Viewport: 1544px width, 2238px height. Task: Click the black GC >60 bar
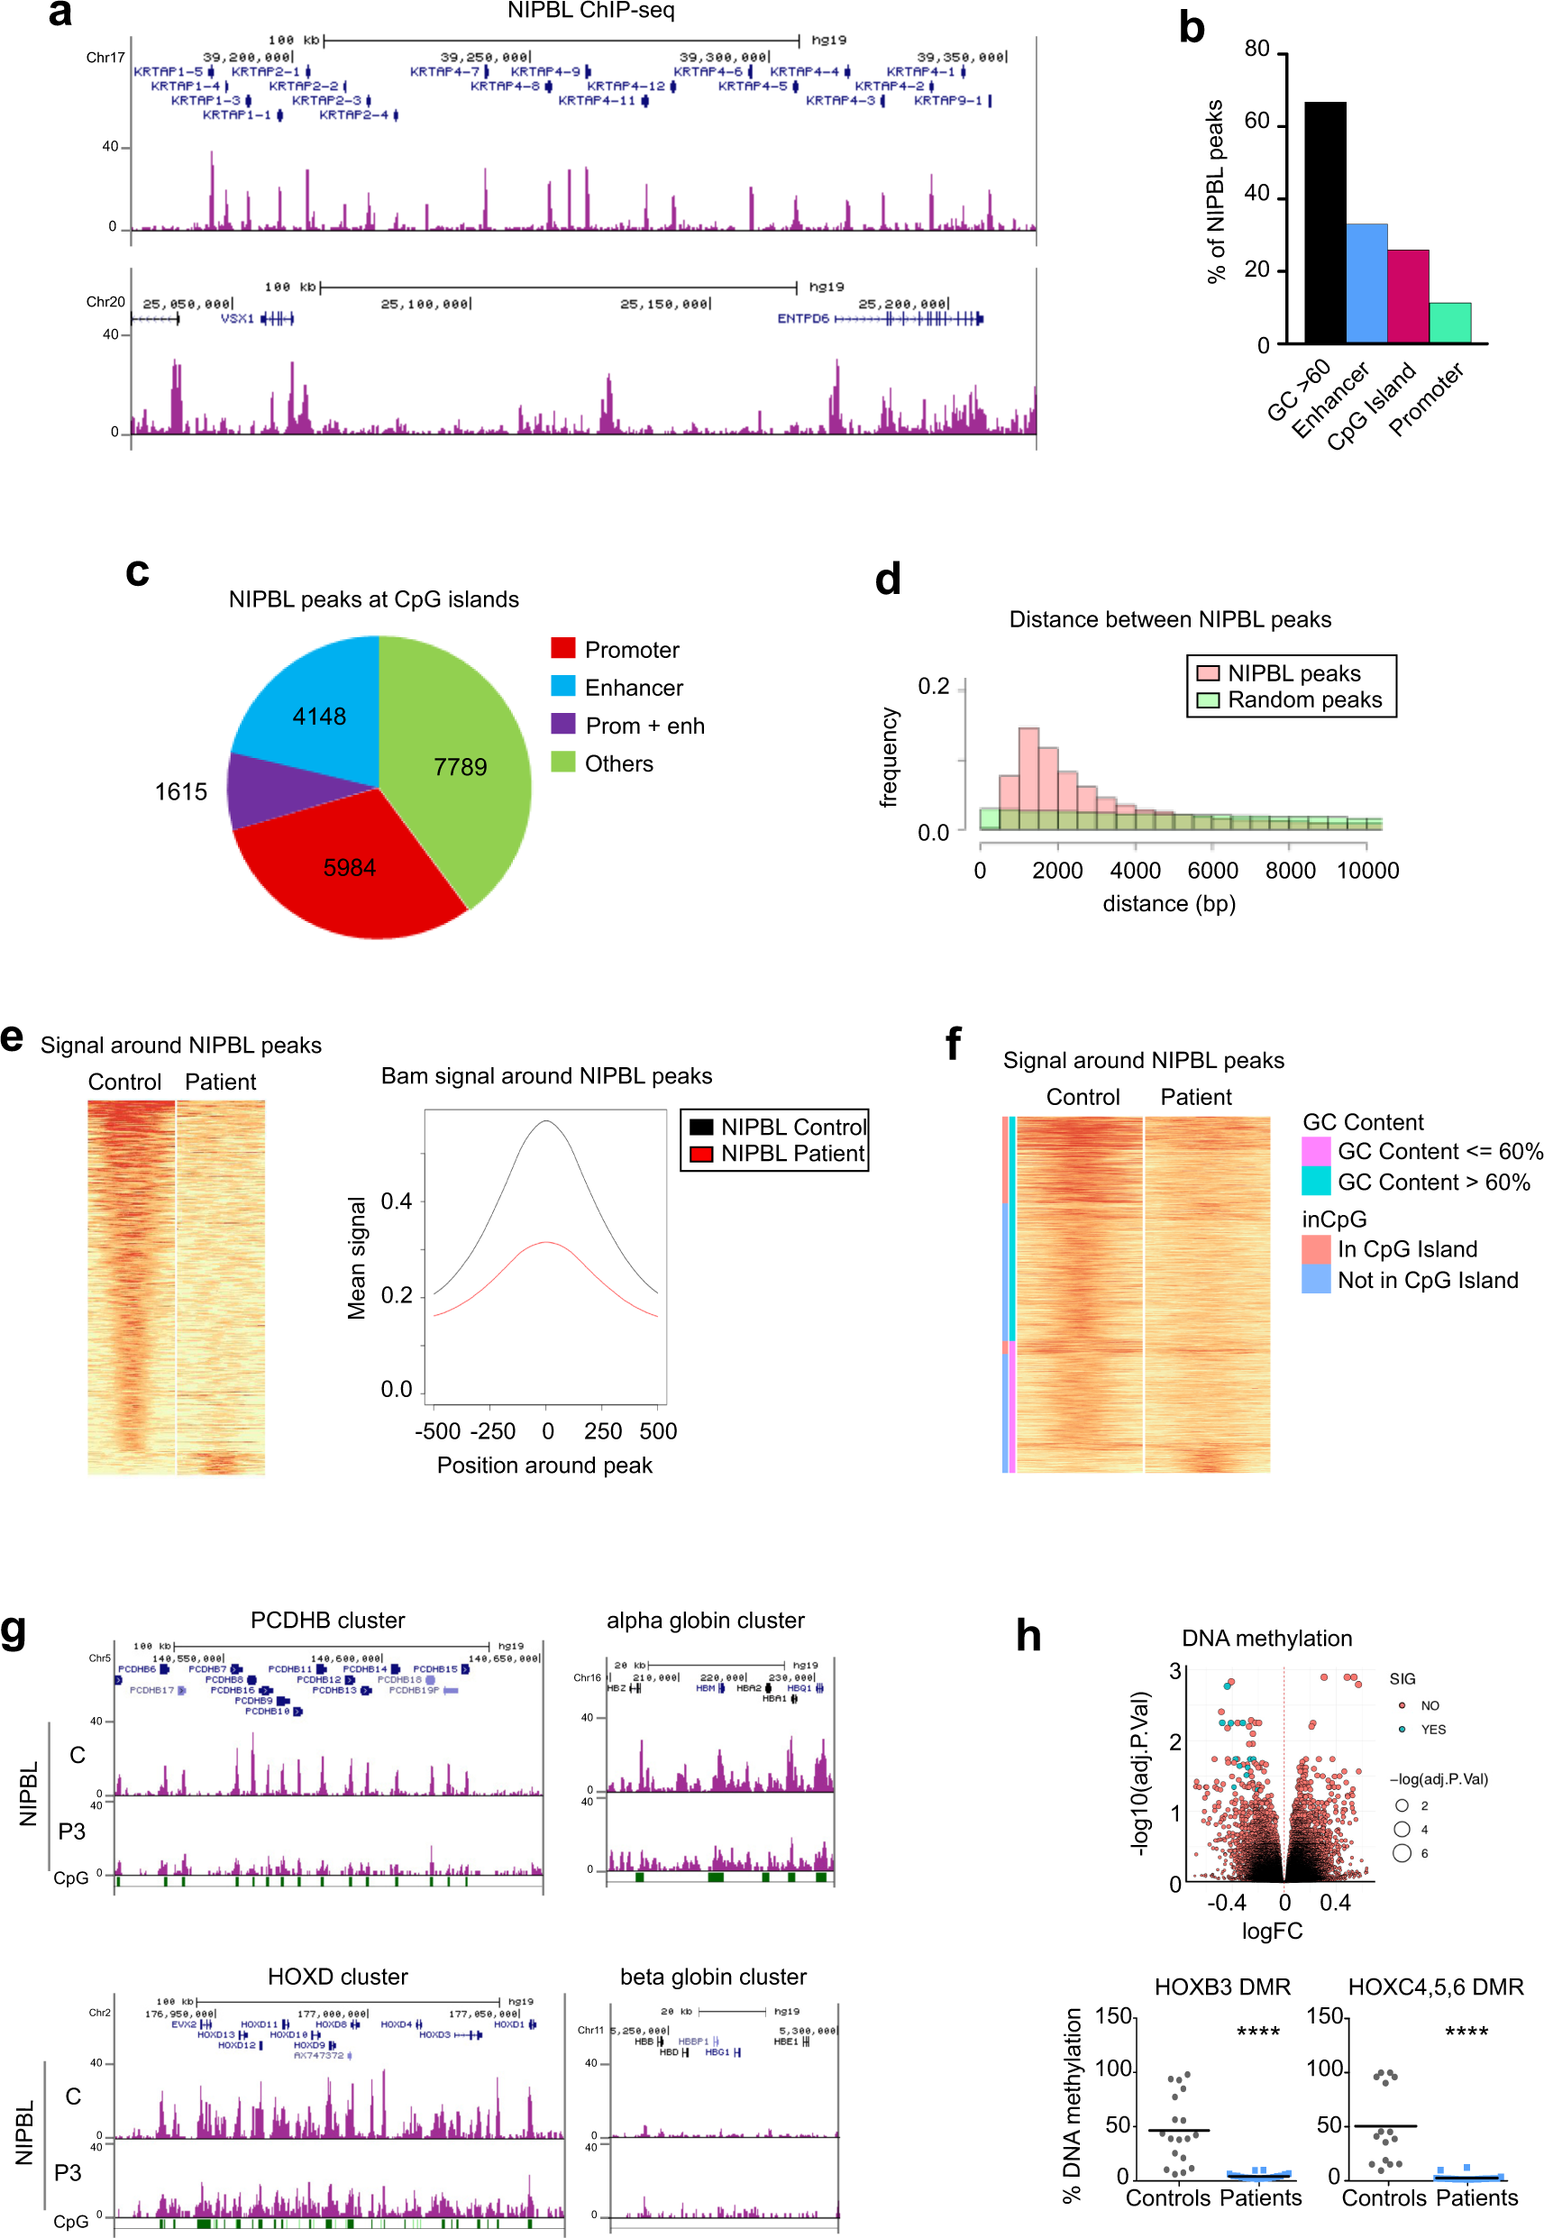(1323, 223)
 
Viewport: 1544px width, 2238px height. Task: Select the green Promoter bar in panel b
(1449, 323)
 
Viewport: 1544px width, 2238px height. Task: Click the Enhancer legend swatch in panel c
(563, 687)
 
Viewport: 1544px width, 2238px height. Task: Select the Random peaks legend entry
(1292, 699)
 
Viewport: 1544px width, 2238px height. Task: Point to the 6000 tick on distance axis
(1212, 871)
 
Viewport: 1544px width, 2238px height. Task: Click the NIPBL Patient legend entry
(774, 1153)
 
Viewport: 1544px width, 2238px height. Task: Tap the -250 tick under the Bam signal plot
(492, 1430)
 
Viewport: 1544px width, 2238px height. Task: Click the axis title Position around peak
(544, 1466)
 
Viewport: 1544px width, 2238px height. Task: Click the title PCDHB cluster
(327, 1620)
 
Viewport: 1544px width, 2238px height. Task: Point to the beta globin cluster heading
(713, 1976)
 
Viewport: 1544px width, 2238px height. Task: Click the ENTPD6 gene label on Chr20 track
(803, 318)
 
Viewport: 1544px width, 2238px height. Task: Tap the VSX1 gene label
(237, 318)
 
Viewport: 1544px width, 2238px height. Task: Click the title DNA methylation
(1266, 1639)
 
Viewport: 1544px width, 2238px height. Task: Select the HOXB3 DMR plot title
(1222, 1987)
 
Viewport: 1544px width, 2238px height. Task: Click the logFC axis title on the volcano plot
(1271, 1931)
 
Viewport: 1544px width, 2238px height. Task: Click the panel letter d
(887, 580)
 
